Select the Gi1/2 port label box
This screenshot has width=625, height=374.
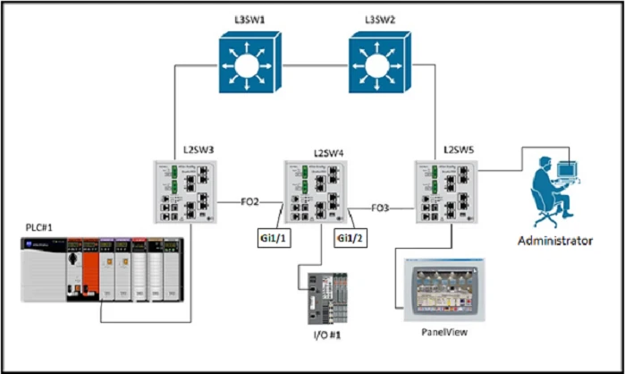coord(349,238)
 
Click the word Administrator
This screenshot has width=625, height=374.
coord(555,241)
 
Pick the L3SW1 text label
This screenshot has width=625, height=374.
coord(248,18)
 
